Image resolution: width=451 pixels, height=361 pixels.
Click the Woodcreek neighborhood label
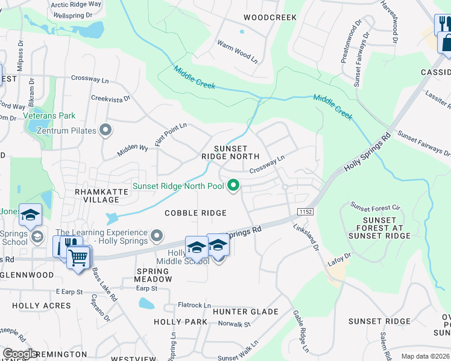pyautogui.click(x=270, y=17)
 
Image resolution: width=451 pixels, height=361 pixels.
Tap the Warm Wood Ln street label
pyautogui.click(x=237, y=52)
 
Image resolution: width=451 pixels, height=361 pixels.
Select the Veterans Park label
pyautogui.click(x=49, y=116)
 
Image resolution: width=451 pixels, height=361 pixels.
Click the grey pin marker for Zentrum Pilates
pyautogui.click(x=106, y=130)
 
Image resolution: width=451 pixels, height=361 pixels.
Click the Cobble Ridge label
pyautogui.click(x=195, y=213)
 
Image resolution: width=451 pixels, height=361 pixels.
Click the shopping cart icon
pyautogui.click(x=78, y=258)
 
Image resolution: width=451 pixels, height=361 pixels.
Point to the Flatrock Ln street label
pyautogui.click(x=194, y=306)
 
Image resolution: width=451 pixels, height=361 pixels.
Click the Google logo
pyautogui.click(x=20, y=354)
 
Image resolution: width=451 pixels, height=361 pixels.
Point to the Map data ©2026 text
pyautogui.click(x=424, y=356)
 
